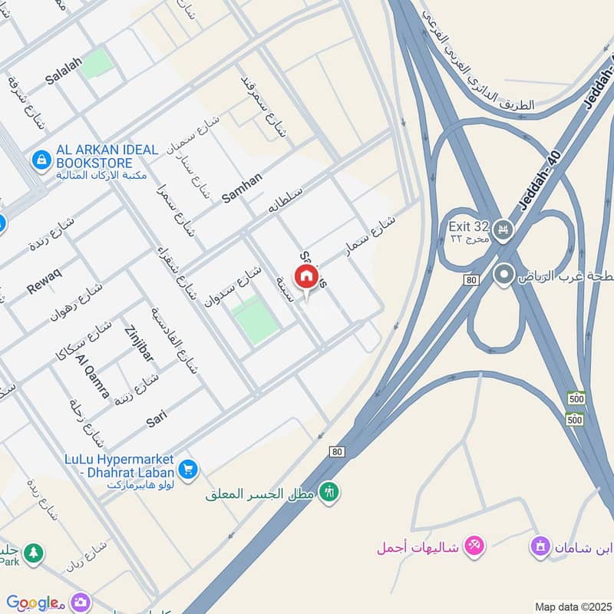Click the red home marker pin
pos(306,277)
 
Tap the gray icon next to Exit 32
pos(503,229)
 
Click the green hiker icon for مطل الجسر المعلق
pos(330,490)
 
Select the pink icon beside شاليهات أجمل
pos(473,546)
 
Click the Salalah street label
pos(64,79)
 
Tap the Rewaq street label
pos(44,277)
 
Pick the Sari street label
pos(157,419)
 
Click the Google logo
pos(32,602)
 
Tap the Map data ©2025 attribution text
pos(572,606)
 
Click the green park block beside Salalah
pos(96,64)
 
